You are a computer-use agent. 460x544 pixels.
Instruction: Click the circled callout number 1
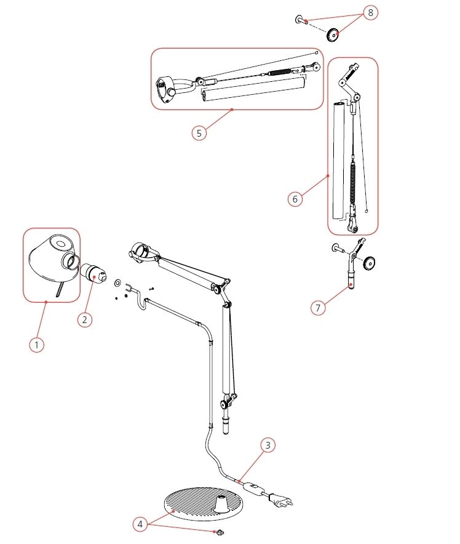(37, 345)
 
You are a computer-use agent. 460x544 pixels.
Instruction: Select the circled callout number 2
(85, 319)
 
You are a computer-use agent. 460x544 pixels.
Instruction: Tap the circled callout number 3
(266, 444)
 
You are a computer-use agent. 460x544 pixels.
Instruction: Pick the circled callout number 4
(141, 524)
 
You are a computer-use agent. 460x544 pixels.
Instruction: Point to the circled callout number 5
(198, 132)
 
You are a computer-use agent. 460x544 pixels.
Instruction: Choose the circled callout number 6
(295, 199)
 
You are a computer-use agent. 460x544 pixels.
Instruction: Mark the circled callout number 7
(318, 308)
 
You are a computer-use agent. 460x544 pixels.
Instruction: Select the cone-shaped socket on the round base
(220, 503)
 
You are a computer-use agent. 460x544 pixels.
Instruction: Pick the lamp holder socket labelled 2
(93, 272)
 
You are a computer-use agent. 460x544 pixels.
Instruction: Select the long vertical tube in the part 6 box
(338, 160)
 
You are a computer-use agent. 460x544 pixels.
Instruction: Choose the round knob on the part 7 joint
(370, 264)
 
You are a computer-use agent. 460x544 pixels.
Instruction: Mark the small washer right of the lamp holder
(117, 283)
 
